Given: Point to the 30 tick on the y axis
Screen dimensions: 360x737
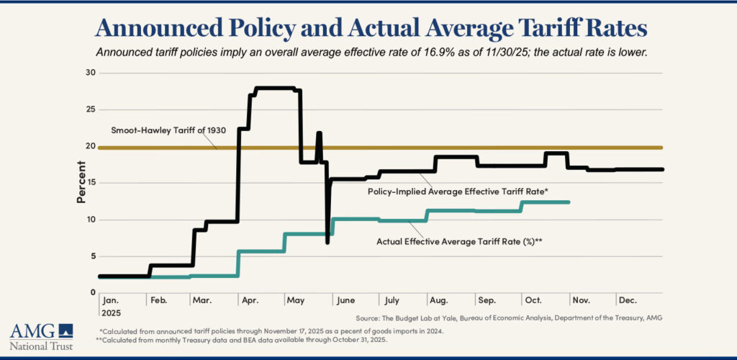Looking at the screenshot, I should (89, 73).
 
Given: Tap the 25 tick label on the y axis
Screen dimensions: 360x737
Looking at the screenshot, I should (89, 109).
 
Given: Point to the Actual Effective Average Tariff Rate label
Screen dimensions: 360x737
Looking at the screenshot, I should (458, 242).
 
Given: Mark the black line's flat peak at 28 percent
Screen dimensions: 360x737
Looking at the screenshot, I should (274, 88).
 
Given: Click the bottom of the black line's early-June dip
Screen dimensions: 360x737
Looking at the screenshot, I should (328, 242).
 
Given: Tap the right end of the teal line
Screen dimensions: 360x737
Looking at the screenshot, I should (569, 202).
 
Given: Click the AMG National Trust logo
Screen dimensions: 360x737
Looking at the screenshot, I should (41, 336).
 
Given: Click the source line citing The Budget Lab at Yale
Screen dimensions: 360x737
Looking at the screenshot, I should (509, 318).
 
